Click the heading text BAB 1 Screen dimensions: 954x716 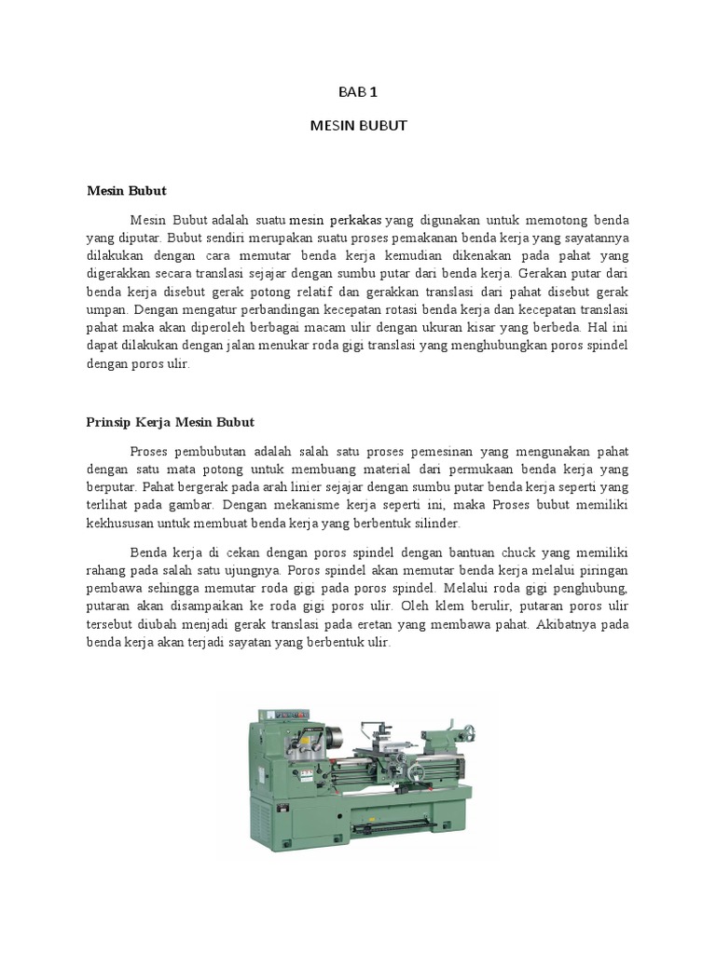(358, 91)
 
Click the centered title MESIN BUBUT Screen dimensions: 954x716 (358, 125)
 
